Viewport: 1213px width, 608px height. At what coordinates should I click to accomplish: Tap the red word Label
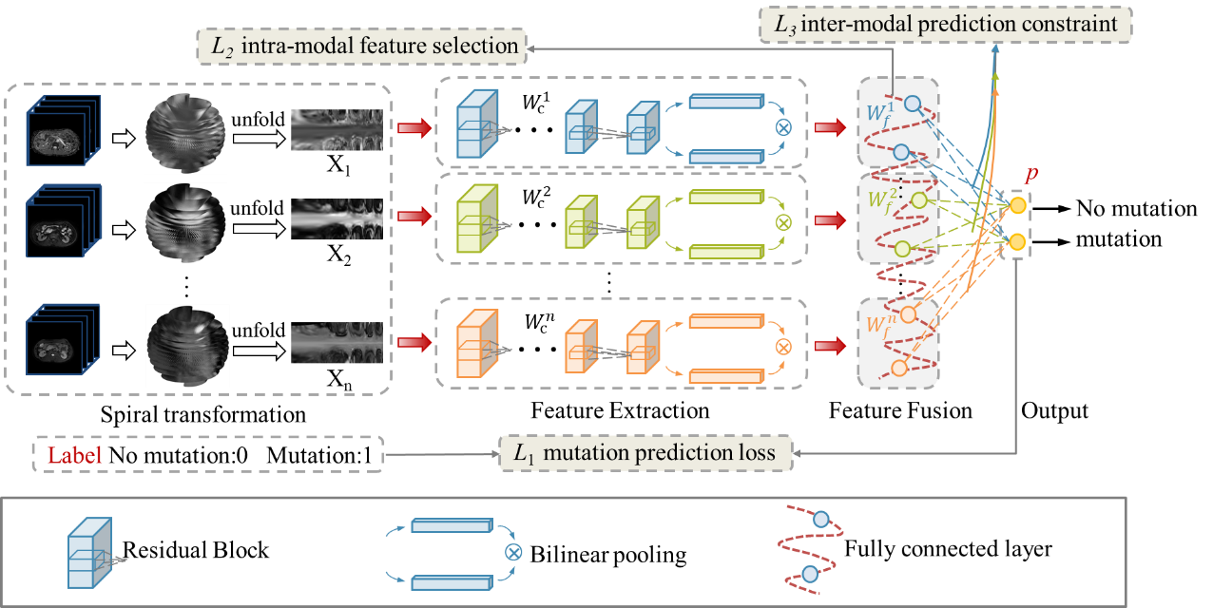tap(74, 455)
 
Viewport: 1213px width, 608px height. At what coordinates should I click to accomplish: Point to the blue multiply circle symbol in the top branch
tap(784, 126)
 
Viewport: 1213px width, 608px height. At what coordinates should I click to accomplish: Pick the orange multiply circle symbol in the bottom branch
tap(783, 347)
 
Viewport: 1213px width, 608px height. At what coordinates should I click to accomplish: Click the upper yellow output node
tap(1017, 205)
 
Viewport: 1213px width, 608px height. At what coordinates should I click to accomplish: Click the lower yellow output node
tap(1017, 241)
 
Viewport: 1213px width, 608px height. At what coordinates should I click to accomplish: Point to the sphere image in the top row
tap(186, 133)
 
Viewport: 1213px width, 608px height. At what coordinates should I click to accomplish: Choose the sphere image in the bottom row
tap(187, 345)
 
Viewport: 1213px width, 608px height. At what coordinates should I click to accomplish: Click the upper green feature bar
tap(726, 198)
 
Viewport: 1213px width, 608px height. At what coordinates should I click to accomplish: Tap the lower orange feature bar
tap(726, 375)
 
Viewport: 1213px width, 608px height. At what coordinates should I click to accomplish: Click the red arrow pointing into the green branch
tap(413, 218)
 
